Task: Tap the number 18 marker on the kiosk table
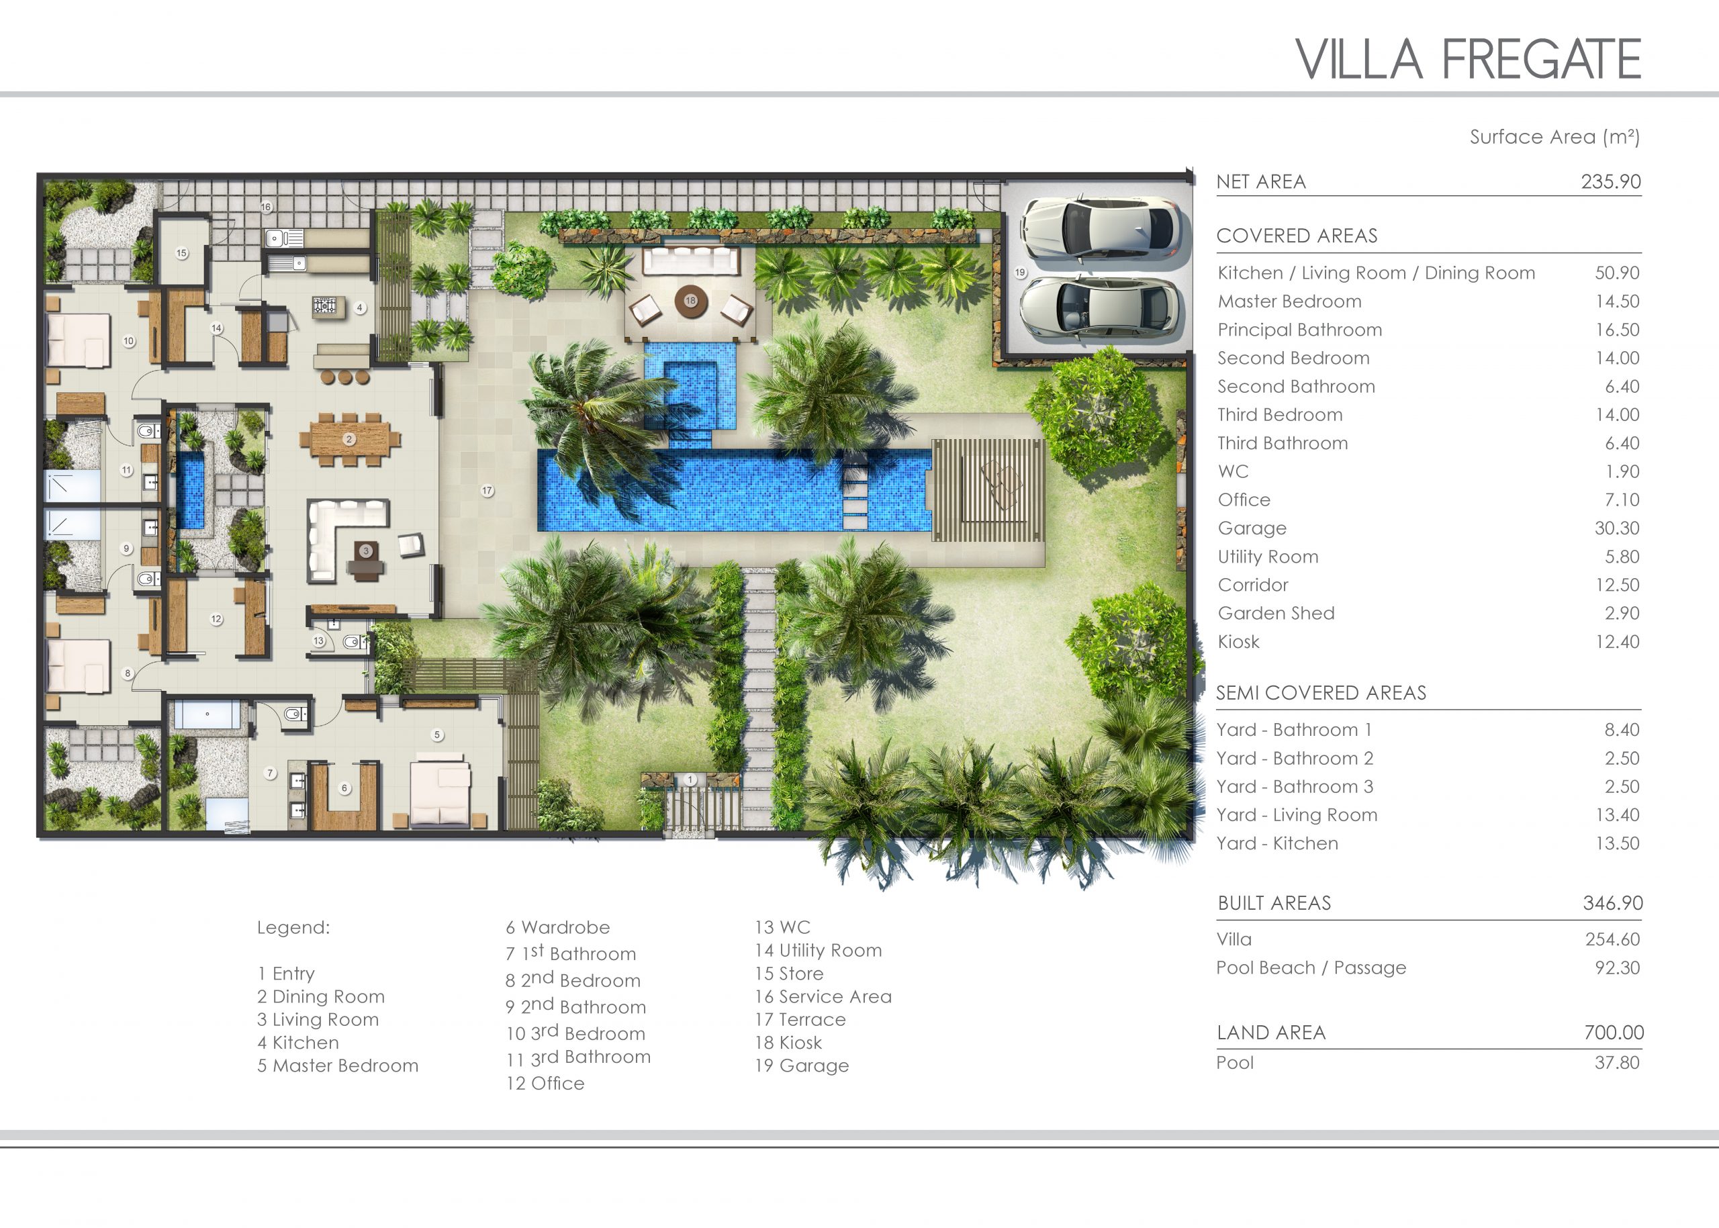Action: tap(690, 301)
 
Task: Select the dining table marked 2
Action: tap(349, 439)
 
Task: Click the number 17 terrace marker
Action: tap(487, 491)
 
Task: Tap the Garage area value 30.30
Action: tap(1617, 528)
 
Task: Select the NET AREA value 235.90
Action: tap(1611, 181)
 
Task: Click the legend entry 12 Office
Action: tap(545, 1083)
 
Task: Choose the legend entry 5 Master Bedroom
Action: tap(337, 1066)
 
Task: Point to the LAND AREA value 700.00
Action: tap(1614, 1032)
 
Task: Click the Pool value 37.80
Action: tap(1617, 1062)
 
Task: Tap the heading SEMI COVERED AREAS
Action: tap(1321, 693)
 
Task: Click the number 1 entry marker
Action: tap(690, 780)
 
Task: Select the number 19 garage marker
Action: tap(1020, 272)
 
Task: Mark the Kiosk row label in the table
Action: tap(1239, 641)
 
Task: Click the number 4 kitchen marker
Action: tap(360, 308)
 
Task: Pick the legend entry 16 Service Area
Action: tap(823, 996)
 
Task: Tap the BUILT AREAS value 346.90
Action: tap(1612, 903)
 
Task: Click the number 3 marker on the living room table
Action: tap(366, 551)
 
